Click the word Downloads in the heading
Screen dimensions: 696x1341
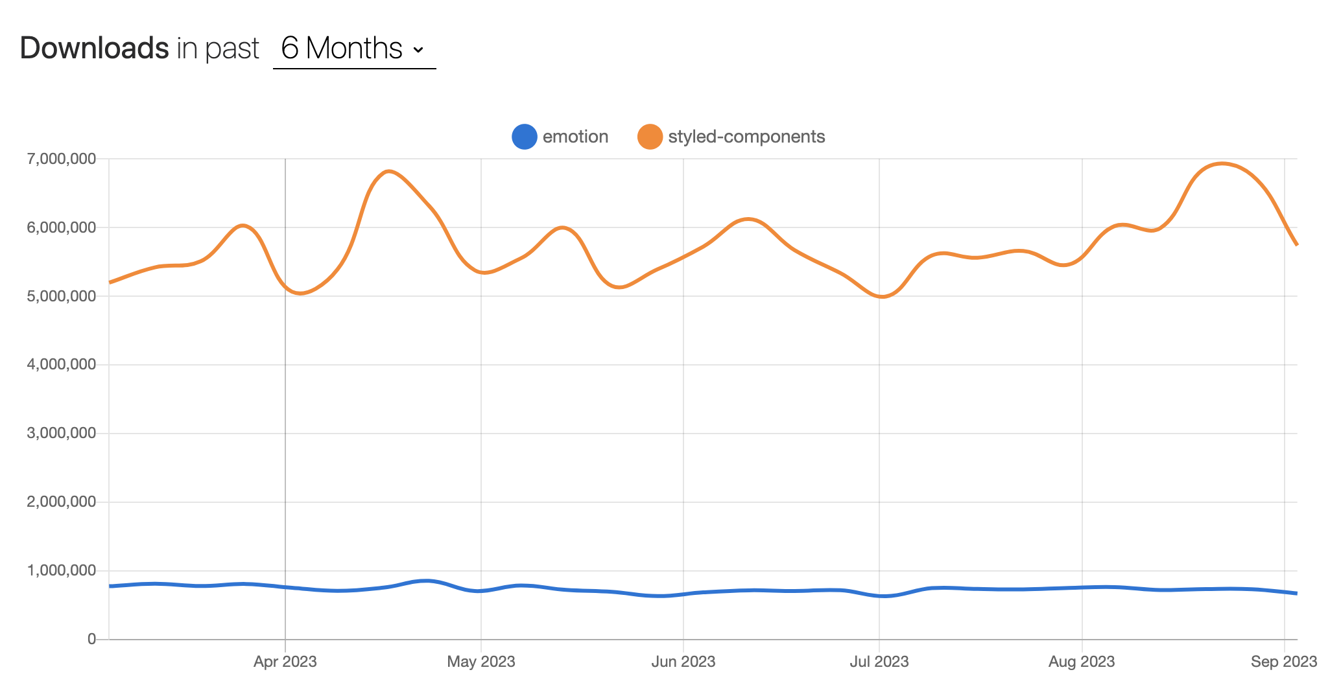[95, 49]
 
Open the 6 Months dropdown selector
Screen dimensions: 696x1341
[353, 49]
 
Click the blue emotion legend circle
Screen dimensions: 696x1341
[524, 137]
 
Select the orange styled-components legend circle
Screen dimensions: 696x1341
[650, 137]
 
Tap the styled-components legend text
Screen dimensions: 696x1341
[746, 137]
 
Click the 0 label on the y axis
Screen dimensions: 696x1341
[91, 639]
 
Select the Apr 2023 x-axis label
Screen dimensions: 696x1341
[285, 662]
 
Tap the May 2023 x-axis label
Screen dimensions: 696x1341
[481, 662]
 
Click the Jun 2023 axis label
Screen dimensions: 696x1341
[683, 662]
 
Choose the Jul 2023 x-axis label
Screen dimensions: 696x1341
[879, 662]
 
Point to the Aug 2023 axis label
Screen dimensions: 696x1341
[1081, 662]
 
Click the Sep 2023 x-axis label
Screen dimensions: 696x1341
[1283, 662]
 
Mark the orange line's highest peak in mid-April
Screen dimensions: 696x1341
[388, 171]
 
